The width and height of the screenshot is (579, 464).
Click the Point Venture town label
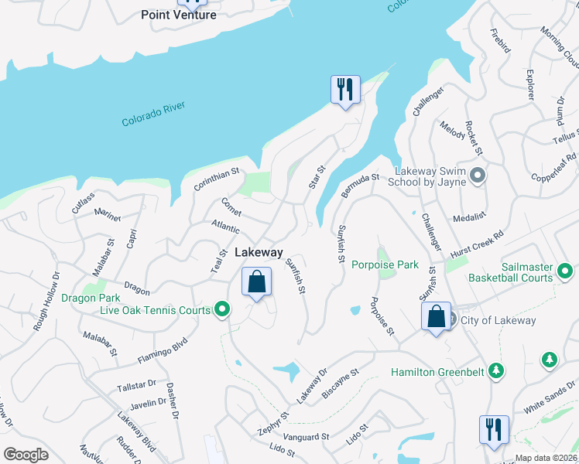179,15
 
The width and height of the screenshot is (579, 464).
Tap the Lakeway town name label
259,253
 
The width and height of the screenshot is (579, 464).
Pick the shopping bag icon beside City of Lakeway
436,316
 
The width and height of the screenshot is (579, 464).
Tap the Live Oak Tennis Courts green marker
223,311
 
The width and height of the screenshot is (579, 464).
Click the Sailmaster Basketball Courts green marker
565,271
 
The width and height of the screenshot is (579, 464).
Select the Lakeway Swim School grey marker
478,176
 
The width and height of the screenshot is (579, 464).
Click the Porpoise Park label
385,264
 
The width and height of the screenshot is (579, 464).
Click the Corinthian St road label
218,182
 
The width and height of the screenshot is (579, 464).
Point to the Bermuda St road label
360,186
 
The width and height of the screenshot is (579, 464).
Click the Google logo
26,455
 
